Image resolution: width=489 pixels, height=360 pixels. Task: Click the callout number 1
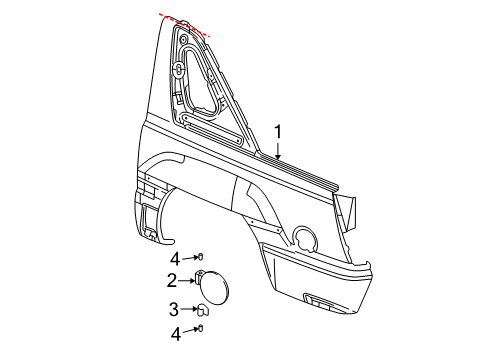click(x=280, y=131)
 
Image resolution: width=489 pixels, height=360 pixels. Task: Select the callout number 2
click(x=172, y=280)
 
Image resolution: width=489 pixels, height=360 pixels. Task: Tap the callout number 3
click(x=172, y=308)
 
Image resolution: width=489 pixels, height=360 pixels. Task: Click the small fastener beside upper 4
click(x=200, y=258)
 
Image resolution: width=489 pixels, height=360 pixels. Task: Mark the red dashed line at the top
click(x=184, y=25)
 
